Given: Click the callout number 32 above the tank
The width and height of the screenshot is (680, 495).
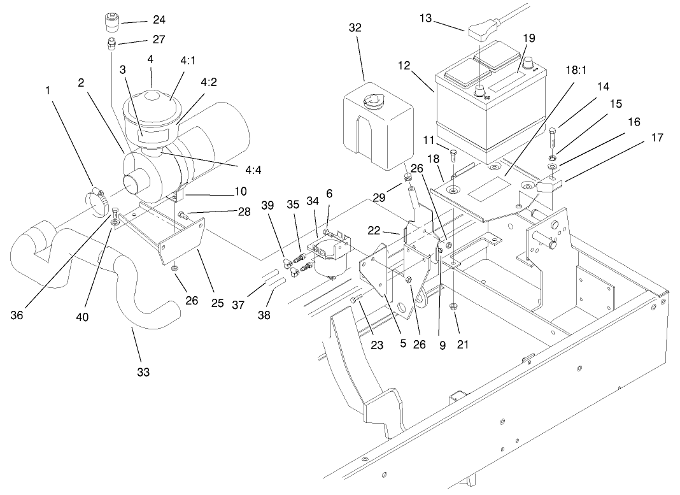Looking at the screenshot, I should pyautogui.click(x=355, y=27).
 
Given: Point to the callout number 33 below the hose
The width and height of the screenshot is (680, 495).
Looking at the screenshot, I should pyautogui.click(x=144, y=372).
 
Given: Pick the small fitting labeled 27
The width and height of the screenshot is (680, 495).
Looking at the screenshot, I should pyautogui.click(x=111, y=44).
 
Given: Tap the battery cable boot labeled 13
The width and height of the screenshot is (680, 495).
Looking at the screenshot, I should pyautogui.click(x=482, y=31).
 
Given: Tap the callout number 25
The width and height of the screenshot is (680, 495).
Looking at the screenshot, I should pyautogui.click(x=218, y=304).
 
